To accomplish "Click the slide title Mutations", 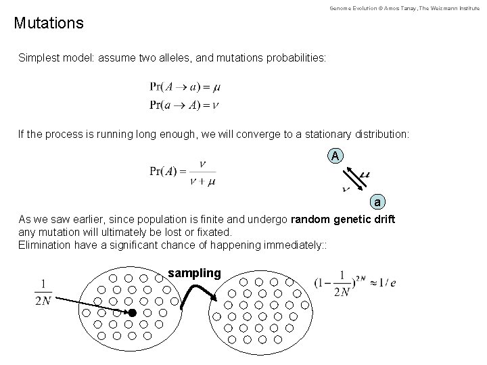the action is coord(49,24).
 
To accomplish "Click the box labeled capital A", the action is coord(336,156).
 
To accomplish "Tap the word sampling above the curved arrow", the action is coord(194,273).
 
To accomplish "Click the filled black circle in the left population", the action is coord(133,313).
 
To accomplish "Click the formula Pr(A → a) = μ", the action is coord(185,87).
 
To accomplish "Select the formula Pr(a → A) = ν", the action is coord(185,105).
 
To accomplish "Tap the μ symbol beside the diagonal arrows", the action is coord(366,175).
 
